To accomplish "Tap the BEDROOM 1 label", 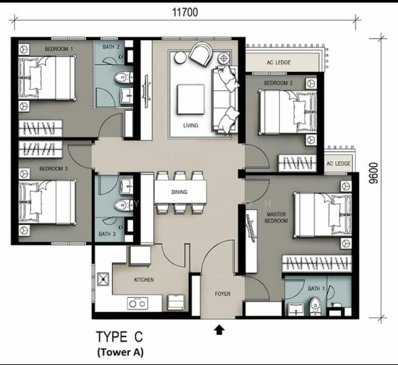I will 59,48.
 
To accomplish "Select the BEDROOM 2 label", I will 279,83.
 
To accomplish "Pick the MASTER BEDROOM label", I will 276,218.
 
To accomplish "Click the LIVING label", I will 191,126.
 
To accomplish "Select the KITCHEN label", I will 144,280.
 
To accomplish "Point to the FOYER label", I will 222,294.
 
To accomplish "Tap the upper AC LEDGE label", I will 279,63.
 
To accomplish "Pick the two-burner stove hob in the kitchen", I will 137,302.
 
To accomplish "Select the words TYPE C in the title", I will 121,337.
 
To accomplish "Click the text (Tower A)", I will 121,352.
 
